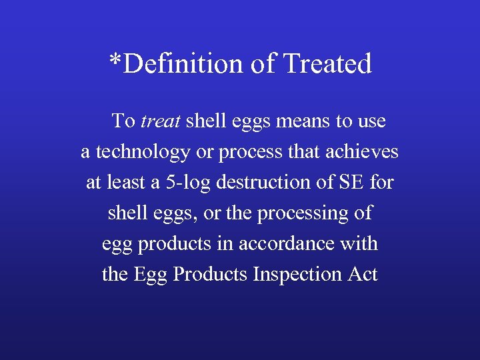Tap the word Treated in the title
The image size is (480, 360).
pyautogui.click(x=327, y=64)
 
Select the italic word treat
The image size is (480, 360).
pyautogui.click(x=161, y=121)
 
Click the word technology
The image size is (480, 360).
pyautogui.click(x=142, y=153)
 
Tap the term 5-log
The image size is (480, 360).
pyautogui.click(x=187, y=183)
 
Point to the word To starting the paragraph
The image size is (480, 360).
pyautogui.click(x=123, y=121)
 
